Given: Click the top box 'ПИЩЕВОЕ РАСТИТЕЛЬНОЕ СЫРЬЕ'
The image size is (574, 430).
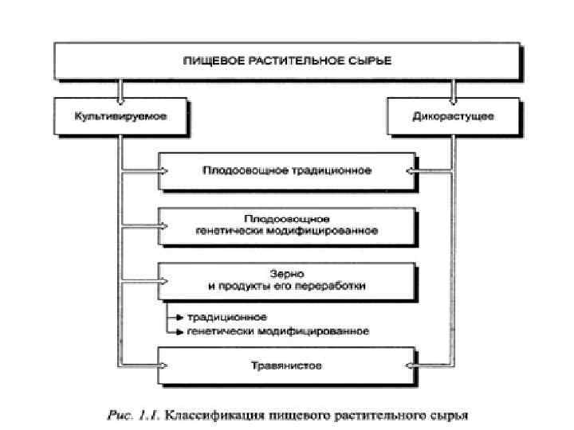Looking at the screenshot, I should click(286, 60).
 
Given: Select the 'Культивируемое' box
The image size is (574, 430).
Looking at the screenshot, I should click(120, 117).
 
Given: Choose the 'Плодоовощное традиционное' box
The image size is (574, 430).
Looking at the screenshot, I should click(286, 170).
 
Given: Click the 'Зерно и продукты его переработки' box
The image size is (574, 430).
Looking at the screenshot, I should click(286, 279).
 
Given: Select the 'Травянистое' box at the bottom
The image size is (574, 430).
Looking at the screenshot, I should click(286, 367).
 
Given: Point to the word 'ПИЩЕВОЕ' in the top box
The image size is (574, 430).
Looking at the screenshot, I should click(210, 60).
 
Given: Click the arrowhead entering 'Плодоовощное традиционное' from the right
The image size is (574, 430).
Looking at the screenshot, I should click(411, 170).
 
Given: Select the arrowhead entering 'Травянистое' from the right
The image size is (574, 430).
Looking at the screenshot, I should click(411, 367).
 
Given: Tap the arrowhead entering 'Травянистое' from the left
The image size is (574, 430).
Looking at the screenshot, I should click(163, 367).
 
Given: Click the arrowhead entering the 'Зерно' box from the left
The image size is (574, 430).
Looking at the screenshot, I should click(163, 279).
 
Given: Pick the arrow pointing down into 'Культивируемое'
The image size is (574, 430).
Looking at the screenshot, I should click(120, 92).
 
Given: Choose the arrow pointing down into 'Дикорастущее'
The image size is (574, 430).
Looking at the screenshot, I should click(455, 92).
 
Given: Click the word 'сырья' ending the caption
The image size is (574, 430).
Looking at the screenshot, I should click(451, 415).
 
